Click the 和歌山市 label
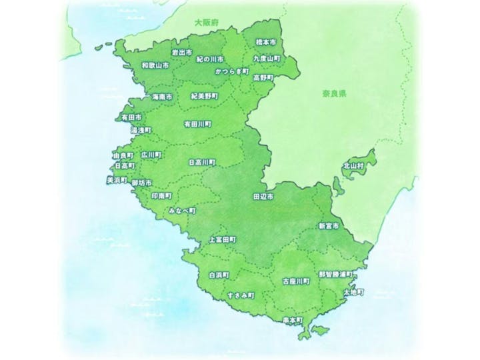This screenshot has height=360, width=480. pyautogui.click(x=155, y=67)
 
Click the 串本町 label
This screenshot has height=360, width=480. pyautogui.click(x=292, y=321)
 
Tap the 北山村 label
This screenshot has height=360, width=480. pyautogui.click(x=353, y=165)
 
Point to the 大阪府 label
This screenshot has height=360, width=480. pyautogui.click(x=206, y=23)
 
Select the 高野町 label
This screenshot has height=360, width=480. pyautogui.click(x=263, y=77)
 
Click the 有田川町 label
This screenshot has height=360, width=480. pyautogui.click(x=197, y=124)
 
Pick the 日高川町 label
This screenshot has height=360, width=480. pyautogui.click(x=203, y=162)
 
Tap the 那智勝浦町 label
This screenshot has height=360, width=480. pyautogui.click(x=335, y=274)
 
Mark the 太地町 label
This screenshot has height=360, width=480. pyautogui.click(x=353, y=293)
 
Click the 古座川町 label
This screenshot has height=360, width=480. pyautogui.click(x=295, y=281)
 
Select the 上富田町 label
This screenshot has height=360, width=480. pyautogui.click(x=223, y=239)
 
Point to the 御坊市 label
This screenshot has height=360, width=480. pyautogui.click(x=142, y=183)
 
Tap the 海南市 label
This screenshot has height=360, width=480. pyautogui.click(x=162, y=97)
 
